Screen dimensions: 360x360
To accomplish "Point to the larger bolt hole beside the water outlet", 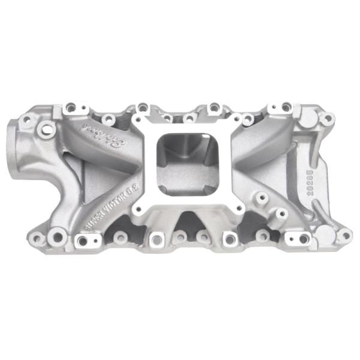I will pyautogui.click(x=45, y=128).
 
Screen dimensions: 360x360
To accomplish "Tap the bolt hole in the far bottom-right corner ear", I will pyautogui.click(x=344, y=236).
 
